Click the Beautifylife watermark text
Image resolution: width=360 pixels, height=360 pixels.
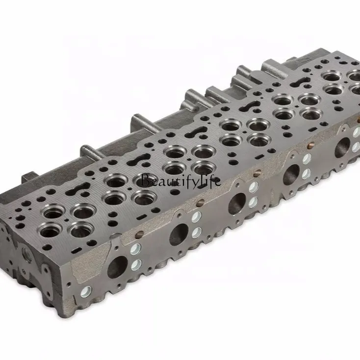(180, 181)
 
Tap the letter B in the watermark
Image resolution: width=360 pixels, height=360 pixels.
(144, 180)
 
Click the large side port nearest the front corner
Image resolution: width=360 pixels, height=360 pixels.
(117, 266)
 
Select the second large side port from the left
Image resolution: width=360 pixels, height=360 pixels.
(179, 234)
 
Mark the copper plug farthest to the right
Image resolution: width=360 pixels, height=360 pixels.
(310, 146)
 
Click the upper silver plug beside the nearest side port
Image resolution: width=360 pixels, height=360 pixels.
(136, 249)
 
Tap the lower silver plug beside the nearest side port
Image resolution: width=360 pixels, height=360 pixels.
(136, 265)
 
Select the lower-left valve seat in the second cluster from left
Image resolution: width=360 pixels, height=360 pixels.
(114, 199)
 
